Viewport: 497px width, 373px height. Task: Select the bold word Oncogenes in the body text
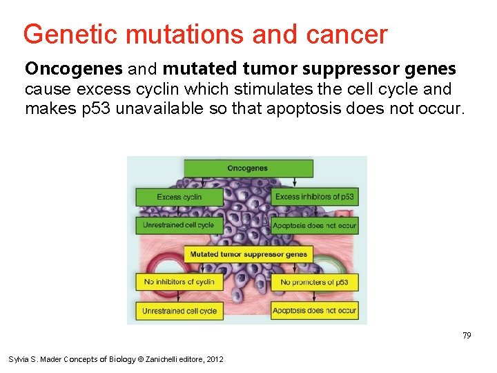click(64, 69)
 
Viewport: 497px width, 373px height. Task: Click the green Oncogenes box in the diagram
click(248, 168)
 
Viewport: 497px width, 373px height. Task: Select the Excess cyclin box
click(179, 197)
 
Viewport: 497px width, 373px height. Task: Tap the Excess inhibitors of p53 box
click(315, 197)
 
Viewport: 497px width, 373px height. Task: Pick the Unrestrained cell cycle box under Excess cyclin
click(179, 225)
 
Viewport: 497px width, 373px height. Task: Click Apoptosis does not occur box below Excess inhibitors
click(315, 225)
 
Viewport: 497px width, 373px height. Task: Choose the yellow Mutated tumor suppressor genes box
click(248, 254)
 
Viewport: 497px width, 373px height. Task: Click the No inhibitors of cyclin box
click(179, 282)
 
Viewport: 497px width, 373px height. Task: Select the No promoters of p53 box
click(315, 282)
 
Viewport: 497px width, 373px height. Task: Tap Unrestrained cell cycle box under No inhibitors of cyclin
click(179, 311)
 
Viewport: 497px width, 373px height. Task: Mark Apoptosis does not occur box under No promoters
click(315, 311)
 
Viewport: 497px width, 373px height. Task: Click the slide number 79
click(467, 335)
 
